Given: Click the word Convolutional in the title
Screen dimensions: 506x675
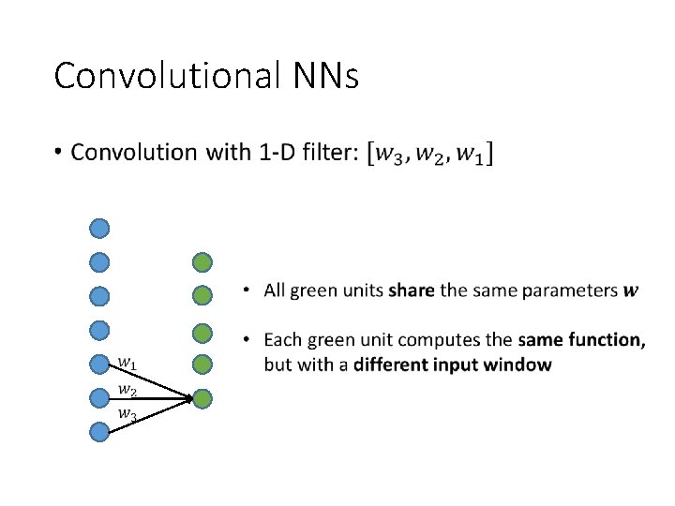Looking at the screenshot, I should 165,76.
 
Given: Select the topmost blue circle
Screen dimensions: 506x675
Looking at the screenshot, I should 99,228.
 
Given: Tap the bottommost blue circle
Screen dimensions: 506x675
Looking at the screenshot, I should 99,432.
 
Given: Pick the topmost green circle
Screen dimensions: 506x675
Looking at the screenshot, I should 202,262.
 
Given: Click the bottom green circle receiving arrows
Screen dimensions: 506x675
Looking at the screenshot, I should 202,398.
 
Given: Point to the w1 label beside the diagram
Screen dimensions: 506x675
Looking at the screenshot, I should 127,363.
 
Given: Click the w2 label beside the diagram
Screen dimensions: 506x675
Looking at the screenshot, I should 127,389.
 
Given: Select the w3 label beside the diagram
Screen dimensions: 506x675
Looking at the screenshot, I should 127,413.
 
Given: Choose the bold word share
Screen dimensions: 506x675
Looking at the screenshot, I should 411,290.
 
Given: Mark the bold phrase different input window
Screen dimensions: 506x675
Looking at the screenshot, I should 452,365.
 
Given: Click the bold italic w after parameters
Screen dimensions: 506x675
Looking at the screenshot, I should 631,291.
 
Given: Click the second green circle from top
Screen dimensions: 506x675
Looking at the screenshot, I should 202,296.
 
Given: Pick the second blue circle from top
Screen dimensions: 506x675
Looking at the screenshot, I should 99,262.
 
